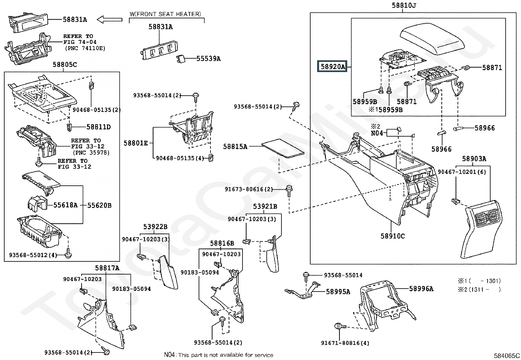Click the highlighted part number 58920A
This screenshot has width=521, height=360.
(x=332, y=67)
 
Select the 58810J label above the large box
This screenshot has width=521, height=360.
(x=404, y=6)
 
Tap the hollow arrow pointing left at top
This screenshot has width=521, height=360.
(x=110, y=20)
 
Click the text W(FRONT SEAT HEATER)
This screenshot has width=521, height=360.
(x=165, y=14)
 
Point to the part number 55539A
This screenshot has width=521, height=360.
(x=208, y=59)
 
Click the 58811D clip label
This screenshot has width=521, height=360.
(x=99, y=127)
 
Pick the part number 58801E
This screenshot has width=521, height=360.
(x=135, y=143)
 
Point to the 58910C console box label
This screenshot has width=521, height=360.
(x=392, y=236)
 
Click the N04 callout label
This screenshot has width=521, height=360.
(x=377, y=133)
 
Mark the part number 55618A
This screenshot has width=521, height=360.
(x=65, y=205)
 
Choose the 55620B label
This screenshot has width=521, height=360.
(x=99, y=205)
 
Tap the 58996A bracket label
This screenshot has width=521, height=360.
(x=421, y=289)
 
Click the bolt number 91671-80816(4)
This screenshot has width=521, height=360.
(x=345, y=343)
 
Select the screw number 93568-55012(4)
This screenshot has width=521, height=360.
(x=33, y=255)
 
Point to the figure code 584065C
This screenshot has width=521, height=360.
(x=507, y=355)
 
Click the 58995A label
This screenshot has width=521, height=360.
(x=338, y=291)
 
